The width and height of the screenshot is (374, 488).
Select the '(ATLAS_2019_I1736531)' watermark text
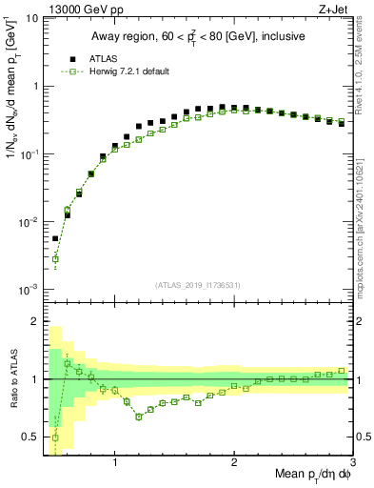coord(198,285)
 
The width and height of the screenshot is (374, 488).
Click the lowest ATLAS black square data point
coord(55,239)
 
